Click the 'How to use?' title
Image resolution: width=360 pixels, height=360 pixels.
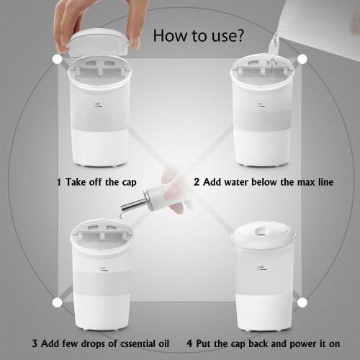pos(198,36)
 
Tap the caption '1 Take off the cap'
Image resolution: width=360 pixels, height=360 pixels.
pos(96,182)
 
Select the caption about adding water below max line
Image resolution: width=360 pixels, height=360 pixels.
pos(264,182)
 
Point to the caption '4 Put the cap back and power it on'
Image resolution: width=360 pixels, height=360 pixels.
pos(264,343)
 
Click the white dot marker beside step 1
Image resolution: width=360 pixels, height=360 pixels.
pos(58,59)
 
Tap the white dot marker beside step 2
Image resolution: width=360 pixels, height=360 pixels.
pos(302,59)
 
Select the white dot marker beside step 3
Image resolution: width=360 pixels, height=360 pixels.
pos(57,302)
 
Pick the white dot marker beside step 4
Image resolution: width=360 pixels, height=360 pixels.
pos(302,302)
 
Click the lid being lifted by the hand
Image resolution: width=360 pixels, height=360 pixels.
pos(99,42)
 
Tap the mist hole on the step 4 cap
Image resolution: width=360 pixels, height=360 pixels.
pos(261,231)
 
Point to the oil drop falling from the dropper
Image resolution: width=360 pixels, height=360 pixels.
pos(122,216)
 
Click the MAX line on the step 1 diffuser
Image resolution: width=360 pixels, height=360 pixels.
pos(96,105)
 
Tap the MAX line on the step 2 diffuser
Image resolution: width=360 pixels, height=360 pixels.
pos(260,105)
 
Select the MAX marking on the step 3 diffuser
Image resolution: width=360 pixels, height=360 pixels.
pos(102,269)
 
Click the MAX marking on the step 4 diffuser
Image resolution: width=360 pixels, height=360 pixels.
pos(261,268)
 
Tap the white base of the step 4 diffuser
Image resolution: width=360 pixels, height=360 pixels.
pos(265,312)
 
